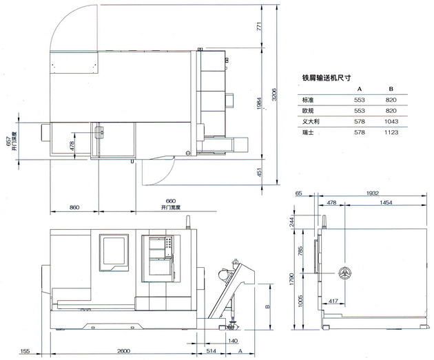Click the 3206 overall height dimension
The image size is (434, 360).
click(274, 95)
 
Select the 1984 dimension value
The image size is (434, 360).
click(260, 102)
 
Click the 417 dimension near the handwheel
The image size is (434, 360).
click(331, 301)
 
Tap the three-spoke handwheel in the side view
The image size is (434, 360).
click(344, 273)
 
